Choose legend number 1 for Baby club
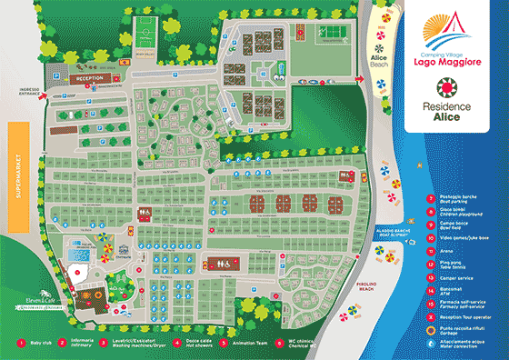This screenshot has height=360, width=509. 21,343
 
